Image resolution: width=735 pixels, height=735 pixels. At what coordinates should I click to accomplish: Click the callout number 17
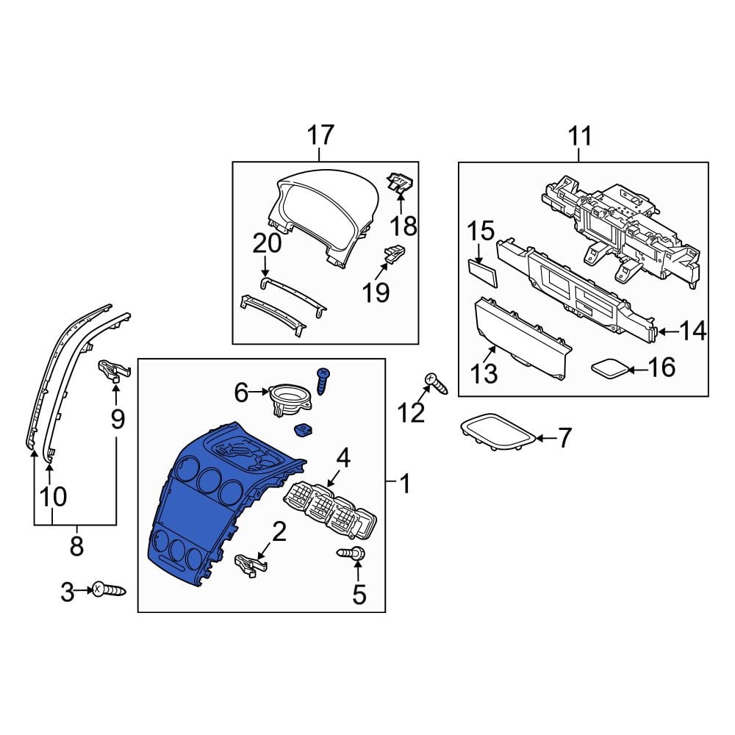click(x=320, y=135)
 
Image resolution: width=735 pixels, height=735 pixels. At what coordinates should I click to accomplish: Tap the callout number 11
click(x=580, y=136)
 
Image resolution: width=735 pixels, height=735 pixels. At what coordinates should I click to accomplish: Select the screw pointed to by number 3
click(x=110, y=589)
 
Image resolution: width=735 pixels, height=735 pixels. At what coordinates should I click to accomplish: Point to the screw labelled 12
click(x=436, y=384)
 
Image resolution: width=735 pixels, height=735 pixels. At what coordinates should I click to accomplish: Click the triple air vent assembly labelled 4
click(x=330, y=512)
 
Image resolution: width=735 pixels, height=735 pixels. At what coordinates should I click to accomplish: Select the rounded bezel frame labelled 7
click(x=498, y=432)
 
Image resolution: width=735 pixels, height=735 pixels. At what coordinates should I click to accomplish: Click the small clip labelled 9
click(x=113, y=370)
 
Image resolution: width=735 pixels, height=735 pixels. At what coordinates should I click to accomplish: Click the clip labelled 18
click(x=399, y=183)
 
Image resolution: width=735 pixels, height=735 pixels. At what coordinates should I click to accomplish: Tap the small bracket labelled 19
click(x=395, y=254)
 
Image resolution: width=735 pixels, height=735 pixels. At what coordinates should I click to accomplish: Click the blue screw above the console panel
click(x=323, y=381)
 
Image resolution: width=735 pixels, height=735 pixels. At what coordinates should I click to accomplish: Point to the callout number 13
click(x=484, y=374)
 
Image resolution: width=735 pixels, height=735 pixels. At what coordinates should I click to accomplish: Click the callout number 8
click(x=76, y=545)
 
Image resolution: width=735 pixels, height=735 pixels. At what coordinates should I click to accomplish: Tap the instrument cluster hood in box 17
click(x=323, y=218)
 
